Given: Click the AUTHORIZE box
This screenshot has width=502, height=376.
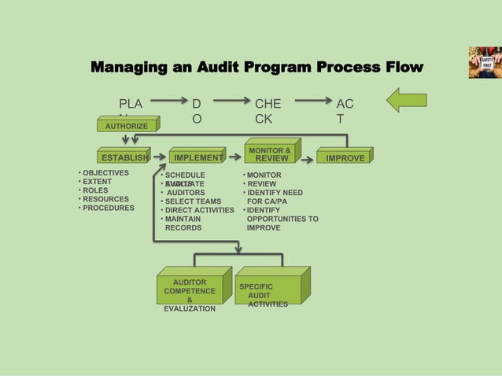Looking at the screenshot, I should (127, 126).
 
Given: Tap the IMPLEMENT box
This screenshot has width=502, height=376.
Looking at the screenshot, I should (197, 158).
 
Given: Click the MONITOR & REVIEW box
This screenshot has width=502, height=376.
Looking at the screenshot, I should (269, 154).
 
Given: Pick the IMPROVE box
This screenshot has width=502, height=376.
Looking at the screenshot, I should (345, 158).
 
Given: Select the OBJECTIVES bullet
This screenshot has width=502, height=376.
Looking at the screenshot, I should (105, 173).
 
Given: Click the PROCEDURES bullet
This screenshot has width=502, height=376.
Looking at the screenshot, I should (109, 208).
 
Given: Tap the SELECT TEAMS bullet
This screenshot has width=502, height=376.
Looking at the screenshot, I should (193, 201).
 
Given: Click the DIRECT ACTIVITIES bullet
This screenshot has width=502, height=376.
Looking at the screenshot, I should (199, 210).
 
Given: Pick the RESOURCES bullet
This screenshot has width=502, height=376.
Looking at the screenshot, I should (106, 200).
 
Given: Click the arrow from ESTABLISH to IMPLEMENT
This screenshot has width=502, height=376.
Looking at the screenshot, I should (158, 157).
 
